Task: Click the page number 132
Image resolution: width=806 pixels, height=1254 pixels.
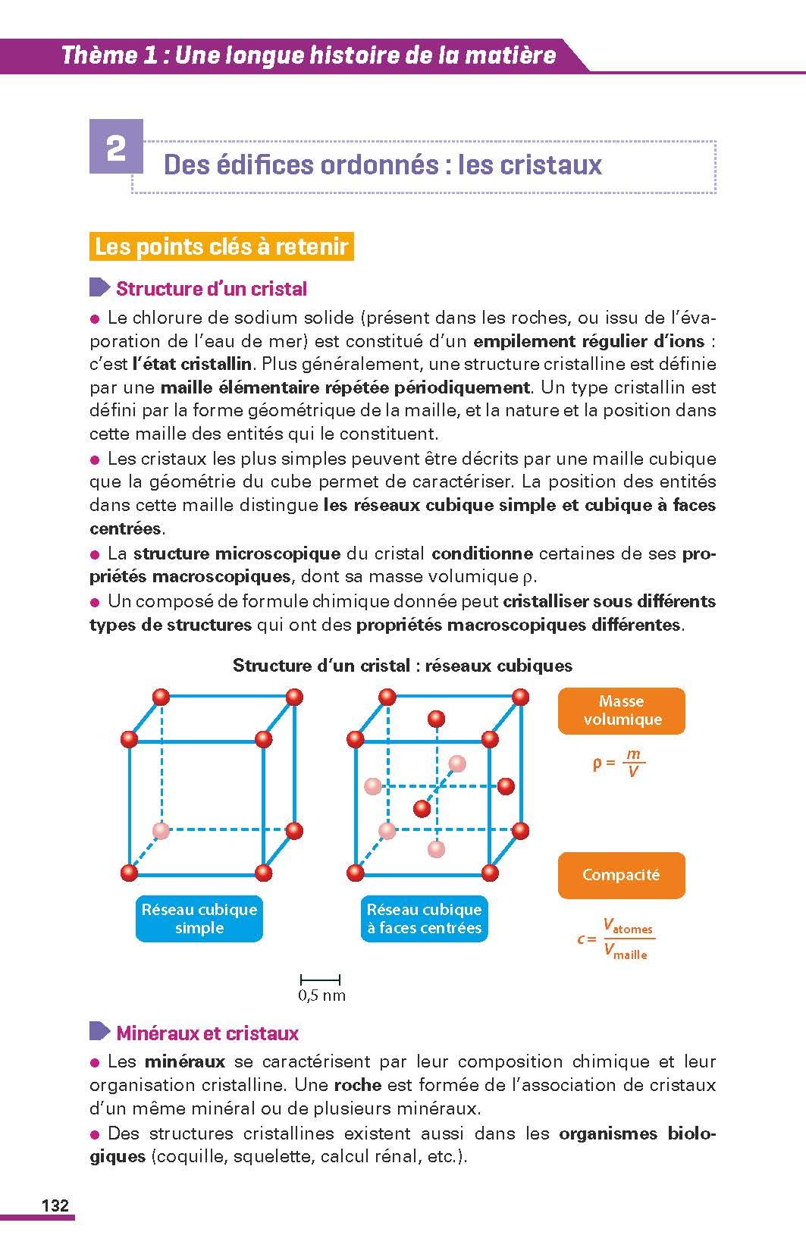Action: tap(55, 1205)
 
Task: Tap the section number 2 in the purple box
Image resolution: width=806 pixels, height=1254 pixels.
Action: tap(116, 147)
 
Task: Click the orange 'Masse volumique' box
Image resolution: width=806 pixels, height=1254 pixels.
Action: tap(621, 711)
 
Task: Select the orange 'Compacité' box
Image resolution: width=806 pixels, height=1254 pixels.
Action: tap(621, 875)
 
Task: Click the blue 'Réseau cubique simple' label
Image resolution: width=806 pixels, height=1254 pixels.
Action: tap(199, 919)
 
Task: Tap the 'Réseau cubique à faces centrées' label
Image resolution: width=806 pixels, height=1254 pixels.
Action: tap(424, 919)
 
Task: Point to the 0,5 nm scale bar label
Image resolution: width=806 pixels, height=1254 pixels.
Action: tap(321, 995)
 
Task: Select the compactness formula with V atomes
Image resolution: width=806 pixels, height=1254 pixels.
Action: tap(615, 939)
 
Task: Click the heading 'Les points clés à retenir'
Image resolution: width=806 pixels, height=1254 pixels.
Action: tap(221, 247)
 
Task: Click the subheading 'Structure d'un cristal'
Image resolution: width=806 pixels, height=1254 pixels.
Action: tap(211, 289)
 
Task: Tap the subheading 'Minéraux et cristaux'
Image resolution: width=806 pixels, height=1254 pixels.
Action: tap(207, 1033)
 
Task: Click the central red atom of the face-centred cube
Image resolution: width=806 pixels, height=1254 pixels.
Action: tap(422, 808)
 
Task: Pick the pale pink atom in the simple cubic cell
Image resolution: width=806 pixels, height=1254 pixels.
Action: tap(160, 830)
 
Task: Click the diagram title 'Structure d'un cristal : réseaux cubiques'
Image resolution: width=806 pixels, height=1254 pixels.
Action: tap(402, 666)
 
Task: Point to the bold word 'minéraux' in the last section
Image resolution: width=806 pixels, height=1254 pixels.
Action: tap(185, 1061)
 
